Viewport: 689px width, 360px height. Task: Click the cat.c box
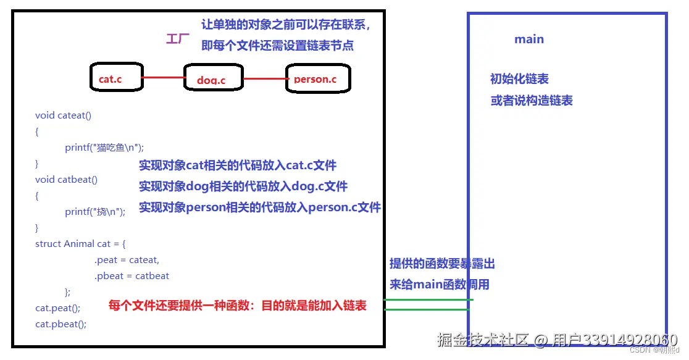(116, 78)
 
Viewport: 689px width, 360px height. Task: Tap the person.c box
(317, 78)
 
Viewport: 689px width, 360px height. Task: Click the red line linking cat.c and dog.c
(163, 78)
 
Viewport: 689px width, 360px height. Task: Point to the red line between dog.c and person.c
(265, 79)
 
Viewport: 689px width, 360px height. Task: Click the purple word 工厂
(178, 39)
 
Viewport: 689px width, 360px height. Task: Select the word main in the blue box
(529, 39)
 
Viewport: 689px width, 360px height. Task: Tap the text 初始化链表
(519, 79)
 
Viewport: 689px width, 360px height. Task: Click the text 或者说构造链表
(532, 100)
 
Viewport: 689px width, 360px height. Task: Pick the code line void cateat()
(63, 115)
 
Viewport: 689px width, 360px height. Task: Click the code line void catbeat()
(66, 180)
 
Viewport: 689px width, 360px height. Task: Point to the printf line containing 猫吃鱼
(104, 148)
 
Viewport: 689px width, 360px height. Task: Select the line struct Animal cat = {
(80, 244)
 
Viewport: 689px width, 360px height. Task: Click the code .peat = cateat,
(127, 260)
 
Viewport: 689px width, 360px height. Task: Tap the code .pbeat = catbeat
(132, 276)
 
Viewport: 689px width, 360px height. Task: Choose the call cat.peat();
(58, 308)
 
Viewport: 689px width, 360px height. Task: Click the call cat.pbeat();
(61, 324)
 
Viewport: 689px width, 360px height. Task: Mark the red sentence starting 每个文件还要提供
(238, 305)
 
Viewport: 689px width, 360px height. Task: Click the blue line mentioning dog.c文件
(243, 186)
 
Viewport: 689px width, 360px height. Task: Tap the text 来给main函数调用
(439, 284)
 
